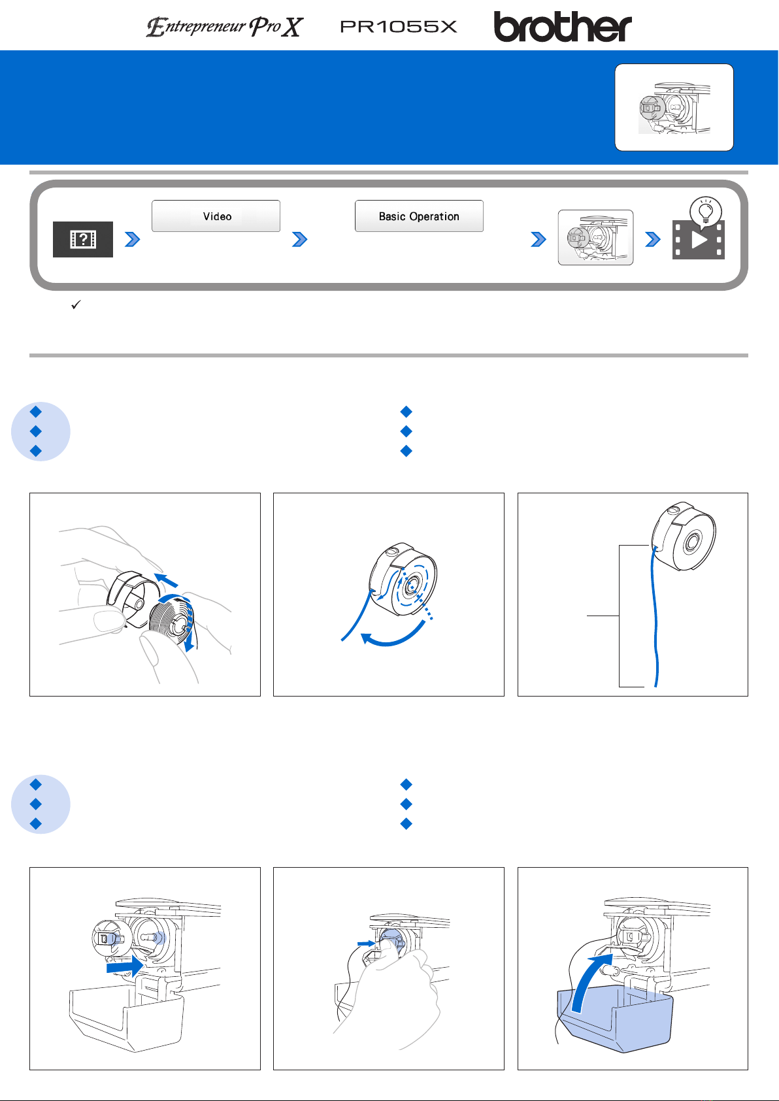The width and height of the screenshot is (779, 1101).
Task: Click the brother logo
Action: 562,27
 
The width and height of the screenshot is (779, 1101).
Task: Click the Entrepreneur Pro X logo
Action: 225,27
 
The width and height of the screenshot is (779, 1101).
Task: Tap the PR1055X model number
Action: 399,27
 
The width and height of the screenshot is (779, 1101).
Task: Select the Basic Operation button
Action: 419,216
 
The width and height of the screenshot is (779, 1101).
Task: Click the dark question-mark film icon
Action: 83,239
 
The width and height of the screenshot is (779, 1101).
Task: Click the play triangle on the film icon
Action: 699,240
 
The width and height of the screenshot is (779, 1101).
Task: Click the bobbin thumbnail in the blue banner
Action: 674,108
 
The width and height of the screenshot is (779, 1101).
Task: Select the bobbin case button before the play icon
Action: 595,237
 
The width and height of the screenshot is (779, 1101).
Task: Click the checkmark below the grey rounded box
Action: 76,304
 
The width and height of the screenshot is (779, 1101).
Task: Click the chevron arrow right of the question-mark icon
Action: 133,239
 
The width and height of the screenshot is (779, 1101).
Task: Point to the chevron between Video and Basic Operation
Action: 299,239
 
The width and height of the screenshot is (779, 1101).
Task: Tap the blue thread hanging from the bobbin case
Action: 655,619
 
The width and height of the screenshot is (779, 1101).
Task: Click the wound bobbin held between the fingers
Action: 171,619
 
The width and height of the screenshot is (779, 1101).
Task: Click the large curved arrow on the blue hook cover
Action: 589,982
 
